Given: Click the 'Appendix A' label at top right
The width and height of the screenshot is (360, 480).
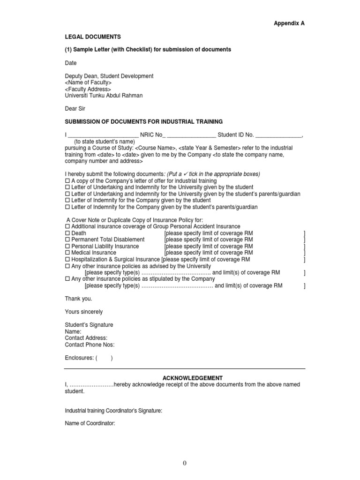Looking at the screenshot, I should pyautogui.click(x=289, y=23).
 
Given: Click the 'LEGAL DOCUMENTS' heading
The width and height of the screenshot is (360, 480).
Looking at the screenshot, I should pyautogui.click(x=93, y=36).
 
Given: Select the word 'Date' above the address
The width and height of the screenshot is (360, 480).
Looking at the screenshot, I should pyautogui.click(x=71, y=63).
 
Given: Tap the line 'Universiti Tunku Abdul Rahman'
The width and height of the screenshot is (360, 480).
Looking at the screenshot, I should pyautogui.click(x=104, y=96).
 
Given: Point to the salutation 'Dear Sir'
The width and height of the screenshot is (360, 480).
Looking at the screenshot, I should pyautogui.click(x=75, y=108).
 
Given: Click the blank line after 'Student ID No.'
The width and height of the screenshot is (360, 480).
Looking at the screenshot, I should pyautogui.click(x=279, y=135).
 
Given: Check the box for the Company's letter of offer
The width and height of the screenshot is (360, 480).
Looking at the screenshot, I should pyautogui.click(x=67, y=181).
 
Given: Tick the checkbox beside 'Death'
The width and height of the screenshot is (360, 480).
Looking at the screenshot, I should pyautogui.click(x=67, y=233).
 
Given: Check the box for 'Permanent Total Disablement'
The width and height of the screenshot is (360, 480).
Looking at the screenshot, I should pyautogui.click(x=67, y=240).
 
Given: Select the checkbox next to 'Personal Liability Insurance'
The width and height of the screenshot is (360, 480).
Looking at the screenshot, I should pyautogui.click(x=67, y=246).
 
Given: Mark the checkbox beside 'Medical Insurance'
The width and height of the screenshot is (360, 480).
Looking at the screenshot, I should pyautogui.click(x=67, y=253).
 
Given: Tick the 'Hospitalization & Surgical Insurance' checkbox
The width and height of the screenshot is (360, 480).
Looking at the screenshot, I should pyautogui.click(x=67, y=259).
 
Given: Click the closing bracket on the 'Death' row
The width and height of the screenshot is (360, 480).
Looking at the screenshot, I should pyautogui.click(x=305, y=233).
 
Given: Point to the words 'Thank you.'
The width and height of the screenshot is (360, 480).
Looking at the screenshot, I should pyautogui.click(x=79, y=299).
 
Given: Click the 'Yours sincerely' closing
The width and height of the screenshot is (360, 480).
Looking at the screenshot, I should pyautogui.click(x=84, y=312).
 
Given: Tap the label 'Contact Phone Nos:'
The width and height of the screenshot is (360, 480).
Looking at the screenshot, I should pyautogui.click(x=90, y=345).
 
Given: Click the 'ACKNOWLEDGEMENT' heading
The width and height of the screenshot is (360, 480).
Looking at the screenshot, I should pyautogui.click(x=186, y=378).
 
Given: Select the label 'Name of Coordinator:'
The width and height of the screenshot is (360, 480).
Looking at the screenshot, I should pyautogui.click(x=90, y=424).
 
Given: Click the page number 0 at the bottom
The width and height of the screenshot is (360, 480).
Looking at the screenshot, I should pyautogui.click(x=185, y=464).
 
